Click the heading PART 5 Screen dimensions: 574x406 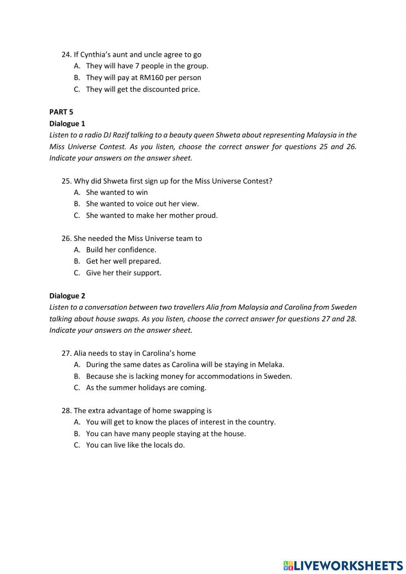pyautogui.click(x=61, y=112)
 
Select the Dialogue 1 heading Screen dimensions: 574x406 pyautogui.click(x=67, y=123)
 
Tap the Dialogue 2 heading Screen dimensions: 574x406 pyautogui.click(x=67, y=296)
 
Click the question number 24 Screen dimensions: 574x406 pyautogui.click(x=66, y=54)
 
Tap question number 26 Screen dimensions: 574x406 pyautogui.click(x=66, y=238)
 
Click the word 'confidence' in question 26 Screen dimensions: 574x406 pyautogui.click(x=136, y=250)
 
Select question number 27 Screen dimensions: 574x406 pyautogui.click(x=66, y=353)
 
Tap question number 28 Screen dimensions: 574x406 pyautogui.click(x=66, y=411)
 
